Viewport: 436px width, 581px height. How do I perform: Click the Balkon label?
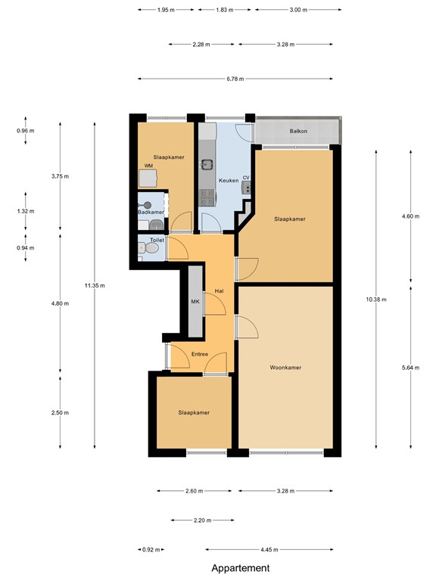pyautogui.click(x=297, y=132)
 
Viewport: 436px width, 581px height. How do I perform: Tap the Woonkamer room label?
pyautogui.click(x=285, y=368)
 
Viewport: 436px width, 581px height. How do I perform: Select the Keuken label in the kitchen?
pyautogui.click(x=229, y=181)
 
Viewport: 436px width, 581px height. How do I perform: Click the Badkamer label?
pyautogui.click(x=151, y=213)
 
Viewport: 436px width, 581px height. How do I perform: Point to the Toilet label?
pyautogui.click(x=157, y=240)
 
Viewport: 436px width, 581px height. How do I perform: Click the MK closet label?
pyautogui.click(x=194, y=303)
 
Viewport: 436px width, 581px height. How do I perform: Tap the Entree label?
pyautogui.click(x=199, y=353)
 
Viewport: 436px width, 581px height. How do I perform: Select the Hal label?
pyautogui.click(x=219, y=290)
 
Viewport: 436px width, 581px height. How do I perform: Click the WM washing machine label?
pyautogui.click(x=148, y=166)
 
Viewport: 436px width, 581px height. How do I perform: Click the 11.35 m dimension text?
pyautogui.click(x=95, y=285)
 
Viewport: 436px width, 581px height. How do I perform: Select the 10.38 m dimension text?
pyautogui.click(x=376, y=300)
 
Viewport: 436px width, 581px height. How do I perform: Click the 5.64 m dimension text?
pyautogui.click(x=410, y=368)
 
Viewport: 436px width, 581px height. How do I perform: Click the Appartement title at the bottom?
pyautogui.click(x=240, y=568)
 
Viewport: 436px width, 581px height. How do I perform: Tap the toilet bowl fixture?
pyautogui.click(x=142, y=248)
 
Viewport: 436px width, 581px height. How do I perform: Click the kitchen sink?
pyautogui.click(x=207, y=163)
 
